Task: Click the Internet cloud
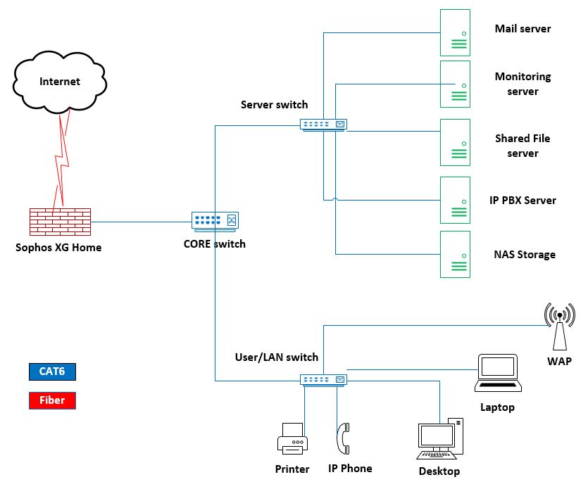59,82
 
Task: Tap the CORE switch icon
215,221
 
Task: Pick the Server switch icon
324,125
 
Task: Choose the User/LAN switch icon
324,380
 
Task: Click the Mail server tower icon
455,32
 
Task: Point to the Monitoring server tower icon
455,84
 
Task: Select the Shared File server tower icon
455,143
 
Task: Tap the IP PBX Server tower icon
455,201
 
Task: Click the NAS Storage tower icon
455,255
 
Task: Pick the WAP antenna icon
559,326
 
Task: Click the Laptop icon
498,374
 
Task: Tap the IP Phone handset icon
344,440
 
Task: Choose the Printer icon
292,440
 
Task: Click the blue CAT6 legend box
52,371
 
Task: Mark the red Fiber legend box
52,400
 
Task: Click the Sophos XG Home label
59,247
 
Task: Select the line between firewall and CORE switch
141,222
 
